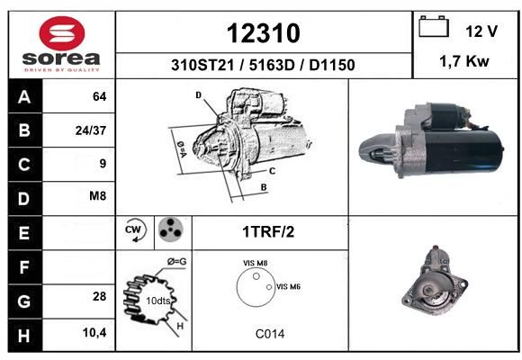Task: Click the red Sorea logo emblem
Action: [62, 33]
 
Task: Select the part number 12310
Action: [264, 33]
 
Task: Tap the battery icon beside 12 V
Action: [434, 26]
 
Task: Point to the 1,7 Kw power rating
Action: [464, 61]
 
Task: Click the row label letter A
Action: [24, 97]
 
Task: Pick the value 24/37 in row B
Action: [91, 130]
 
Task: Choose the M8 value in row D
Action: [97, 195]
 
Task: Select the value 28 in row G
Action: [100, 296]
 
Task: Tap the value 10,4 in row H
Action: [94, 332]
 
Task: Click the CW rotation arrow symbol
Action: [135, 229]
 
